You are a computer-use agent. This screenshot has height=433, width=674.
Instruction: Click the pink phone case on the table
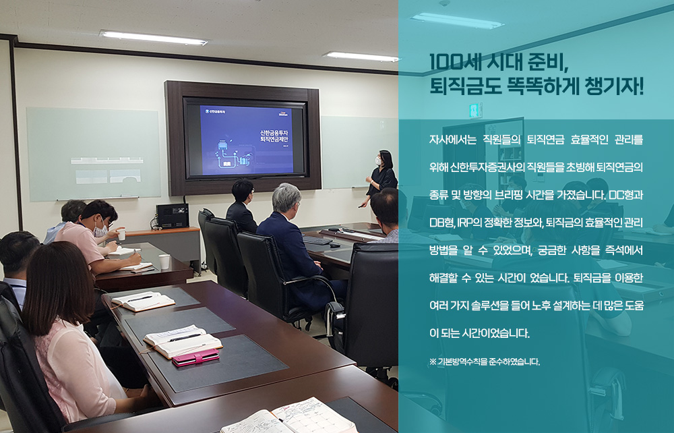pos(196,357)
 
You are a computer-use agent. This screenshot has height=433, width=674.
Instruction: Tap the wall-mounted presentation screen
pos(244,138)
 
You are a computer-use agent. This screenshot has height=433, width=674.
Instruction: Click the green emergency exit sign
pos(475,110)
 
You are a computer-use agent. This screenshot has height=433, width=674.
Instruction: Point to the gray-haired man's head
pos(286,198)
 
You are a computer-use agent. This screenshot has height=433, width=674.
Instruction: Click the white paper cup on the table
pos(164,262)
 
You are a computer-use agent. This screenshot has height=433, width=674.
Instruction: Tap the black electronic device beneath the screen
pos(173,216)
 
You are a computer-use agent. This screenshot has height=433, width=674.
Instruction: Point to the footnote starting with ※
pos(484,362)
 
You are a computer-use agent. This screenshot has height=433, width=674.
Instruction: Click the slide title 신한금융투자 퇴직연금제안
pos(274,136)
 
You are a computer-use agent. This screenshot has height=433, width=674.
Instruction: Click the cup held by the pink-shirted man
pos(121,234)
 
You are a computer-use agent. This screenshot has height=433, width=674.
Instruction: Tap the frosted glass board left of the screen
pos(93,154)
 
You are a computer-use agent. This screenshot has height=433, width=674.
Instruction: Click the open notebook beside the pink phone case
pos(183,341)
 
